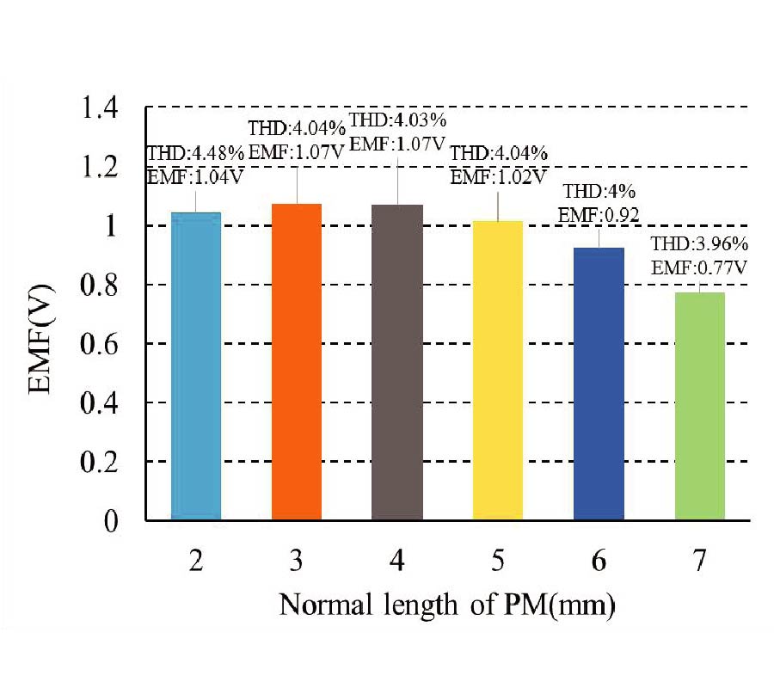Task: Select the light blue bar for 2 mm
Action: click(196, 365)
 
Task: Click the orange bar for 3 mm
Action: click(297, 361)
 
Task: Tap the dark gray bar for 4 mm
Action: click(397, 361)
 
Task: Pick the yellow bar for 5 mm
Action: click(498, 370)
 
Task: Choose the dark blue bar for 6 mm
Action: click(599, 384)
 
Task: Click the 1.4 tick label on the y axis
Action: click(105, 108)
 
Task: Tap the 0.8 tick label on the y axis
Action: click(105, 285)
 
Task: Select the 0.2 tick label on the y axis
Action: click(105, 462)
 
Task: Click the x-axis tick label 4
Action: click(397, 562)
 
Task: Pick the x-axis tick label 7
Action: click(699, 562)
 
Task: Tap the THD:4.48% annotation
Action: click(197, 154)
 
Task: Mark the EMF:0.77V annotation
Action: click(697, 267)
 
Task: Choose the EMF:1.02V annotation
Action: click(499, 177)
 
